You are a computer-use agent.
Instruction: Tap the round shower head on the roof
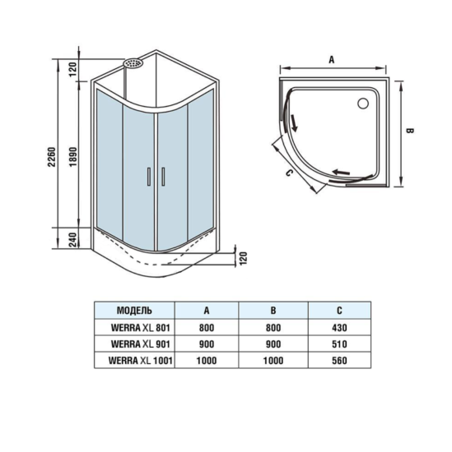pyautogui.click(x=132, y=62)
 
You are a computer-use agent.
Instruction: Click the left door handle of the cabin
pyautogui.click(x=147, y=175)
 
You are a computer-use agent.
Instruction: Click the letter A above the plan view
pyautogui.click(x=331, y=59)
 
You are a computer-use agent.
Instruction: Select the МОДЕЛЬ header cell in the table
pyautogui.click(x=134, y=311)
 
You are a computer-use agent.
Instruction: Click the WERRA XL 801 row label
pyautogui.click(x=133, y=328)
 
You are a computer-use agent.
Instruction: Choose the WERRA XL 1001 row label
pyautogui.click(x=133, y=360)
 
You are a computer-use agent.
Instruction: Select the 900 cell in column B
pyautogui.click(x=273, y=344)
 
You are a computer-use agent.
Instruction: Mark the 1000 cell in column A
pyautogui.click(x=206, y=360)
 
